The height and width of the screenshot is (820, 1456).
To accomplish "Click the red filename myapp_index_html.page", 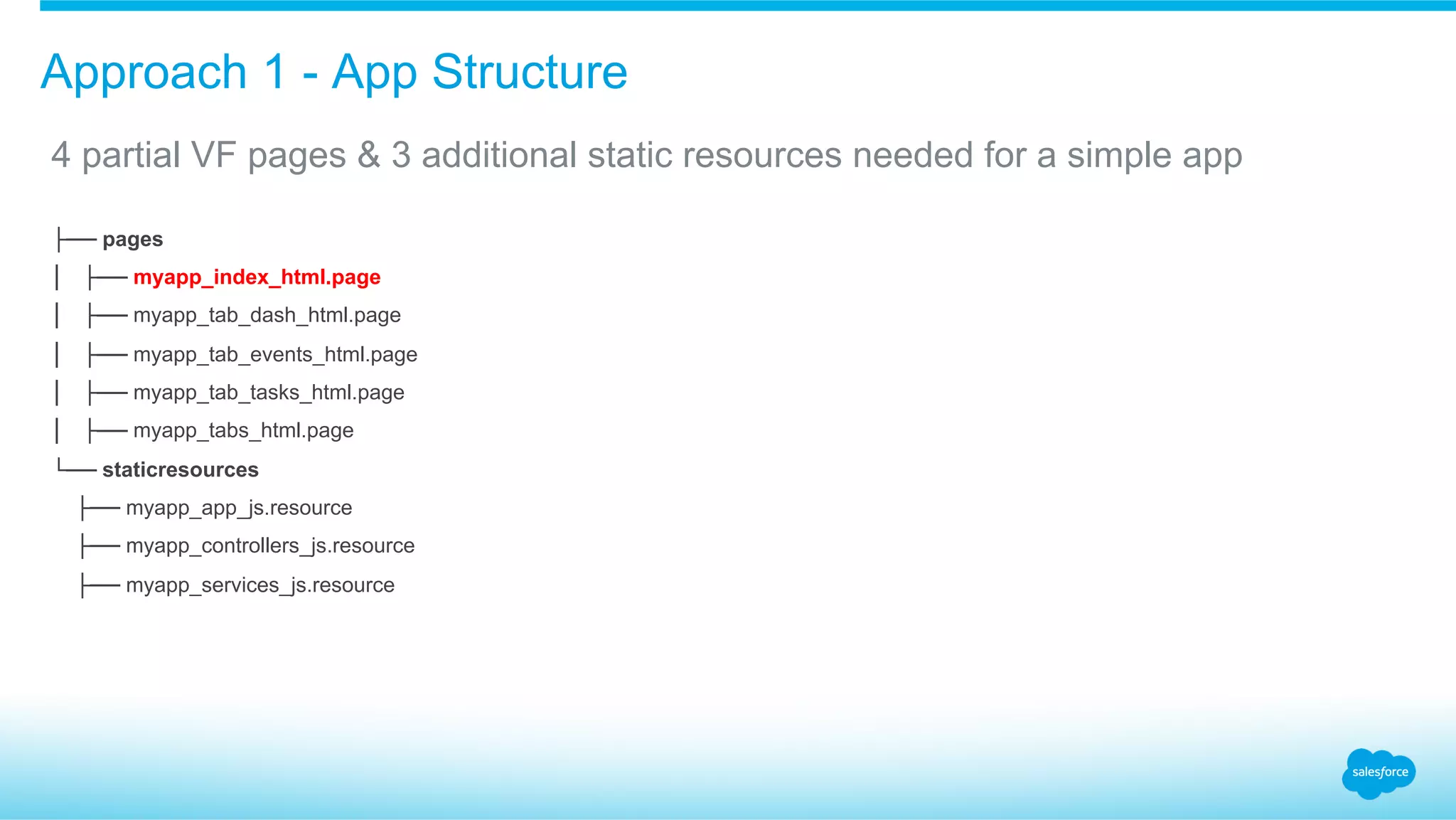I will coord(257,277).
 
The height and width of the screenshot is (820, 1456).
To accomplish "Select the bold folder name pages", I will coord(132,240).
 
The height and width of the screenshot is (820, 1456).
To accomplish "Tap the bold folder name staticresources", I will coord(180,470).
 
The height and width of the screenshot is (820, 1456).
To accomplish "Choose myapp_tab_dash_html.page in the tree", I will coord(267,315).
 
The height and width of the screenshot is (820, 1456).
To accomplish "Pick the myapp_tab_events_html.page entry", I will coord(275,354).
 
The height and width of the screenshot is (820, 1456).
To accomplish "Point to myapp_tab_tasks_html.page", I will coord(269,393).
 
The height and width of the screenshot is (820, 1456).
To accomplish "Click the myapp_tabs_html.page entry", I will coord(243,431).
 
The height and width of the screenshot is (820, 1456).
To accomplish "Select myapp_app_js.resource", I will coord(239,508).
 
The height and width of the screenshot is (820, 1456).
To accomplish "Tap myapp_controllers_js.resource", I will coord(270,546).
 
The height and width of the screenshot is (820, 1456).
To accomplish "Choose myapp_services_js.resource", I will coord(260,585).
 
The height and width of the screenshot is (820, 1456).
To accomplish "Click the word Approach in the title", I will coord(144,73).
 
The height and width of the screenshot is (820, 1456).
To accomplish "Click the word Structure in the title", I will coord(530,73).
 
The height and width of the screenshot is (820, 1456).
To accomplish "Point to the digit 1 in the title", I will coord(274,73).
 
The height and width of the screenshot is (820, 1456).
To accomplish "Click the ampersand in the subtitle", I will coord(369,155).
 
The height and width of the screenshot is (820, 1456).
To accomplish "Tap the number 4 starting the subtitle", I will coord(61,155).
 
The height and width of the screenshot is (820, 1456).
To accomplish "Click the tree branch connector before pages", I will coord(76,240).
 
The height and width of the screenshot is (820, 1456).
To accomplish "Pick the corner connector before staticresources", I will coord(76,467).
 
